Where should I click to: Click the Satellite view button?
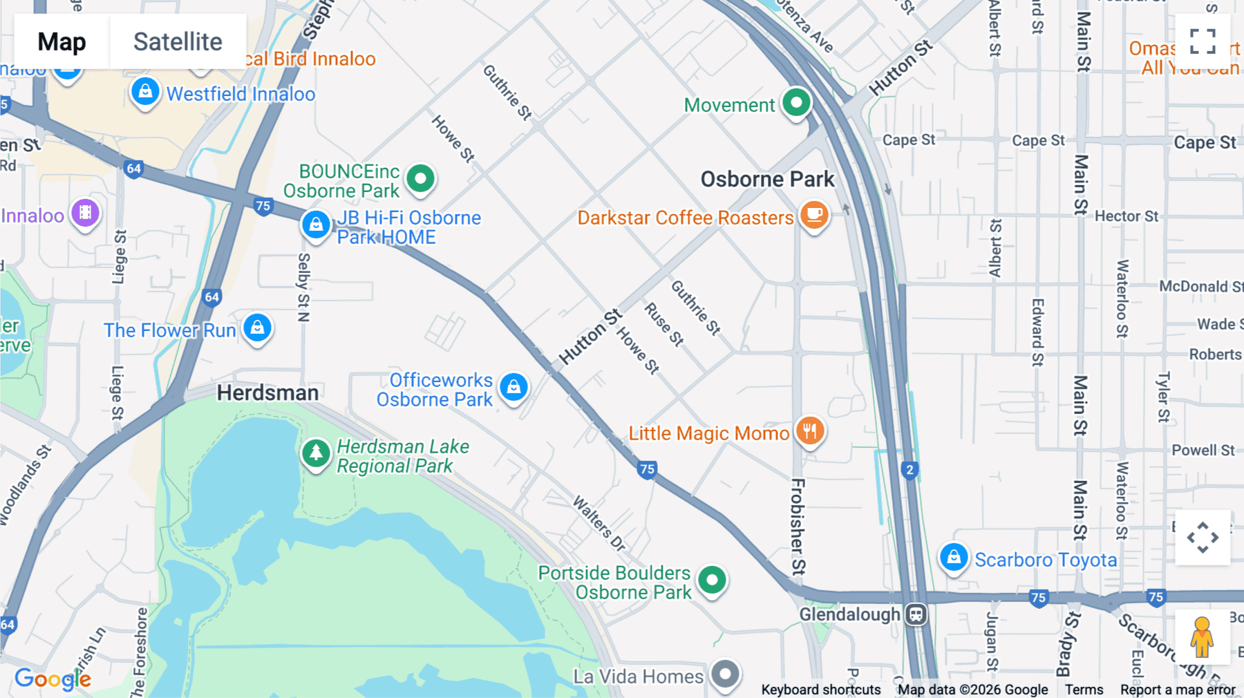pyautogui.click(x=178, y=41)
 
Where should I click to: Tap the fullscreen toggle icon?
pyautogui.click(x=1203, y=41)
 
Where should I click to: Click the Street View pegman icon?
pyautogui.click(x=1202, y=636)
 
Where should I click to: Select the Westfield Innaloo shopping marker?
pyautogui.click(x=145, y=92)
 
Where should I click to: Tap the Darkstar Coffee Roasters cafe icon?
pyautogui.click(x=814, y=215)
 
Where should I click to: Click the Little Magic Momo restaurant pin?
pyautogui.click(x=810, y=431)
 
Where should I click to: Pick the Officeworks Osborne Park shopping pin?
pyautogui.click(x=513, y=388)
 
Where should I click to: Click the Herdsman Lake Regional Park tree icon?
pyautogui.click(x=316, y=453)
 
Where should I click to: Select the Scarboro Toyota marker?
pyautogui.click(x=954, y=557)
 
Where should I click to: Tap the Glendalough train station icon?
pyautogui.click(x=916, y=614)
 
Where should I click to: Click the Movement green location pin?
pyautogui.click(x=796, y=103)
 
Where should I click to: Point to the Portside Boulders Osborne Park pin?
pyautogui.click(x=712, y=580)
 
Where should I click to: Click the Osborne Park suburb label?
pyautogui.click(x=767, y=179)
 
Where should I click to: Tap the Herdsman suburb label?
pyautogui.click(x=267, y=393)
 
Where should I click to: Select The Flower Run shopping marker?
pyautogui.click(x=258, y=328)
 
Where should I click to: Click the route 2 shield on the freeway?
pyautogui.click(x=910, y=470)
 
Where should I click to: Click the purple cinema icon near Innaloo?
pyautogui.click(x=85, y=213)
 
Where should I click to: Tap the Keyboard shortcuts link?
pyautogui.click(x=820, y=689)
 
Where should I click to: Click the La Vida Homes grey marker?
pyautogui.click(x=725, y=673)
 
